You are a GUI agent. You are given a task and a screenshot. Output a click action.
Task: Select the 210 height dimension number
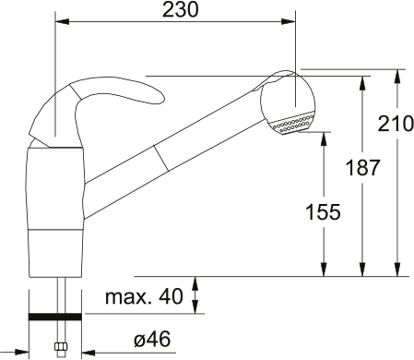[x=396, y=123]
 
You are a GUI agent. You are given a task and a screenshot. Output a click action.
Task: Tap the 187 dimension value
[x=360, y=168]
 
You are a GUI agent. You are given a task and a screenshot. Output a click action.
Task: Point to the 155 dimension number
[x=323, y=211]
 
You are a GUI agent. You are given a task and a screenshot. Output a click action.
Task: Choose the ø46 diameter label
[x=153, y=340]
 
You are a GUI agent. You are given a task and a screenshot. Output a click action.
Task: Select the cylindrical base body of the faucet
[x=57, y=212]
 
